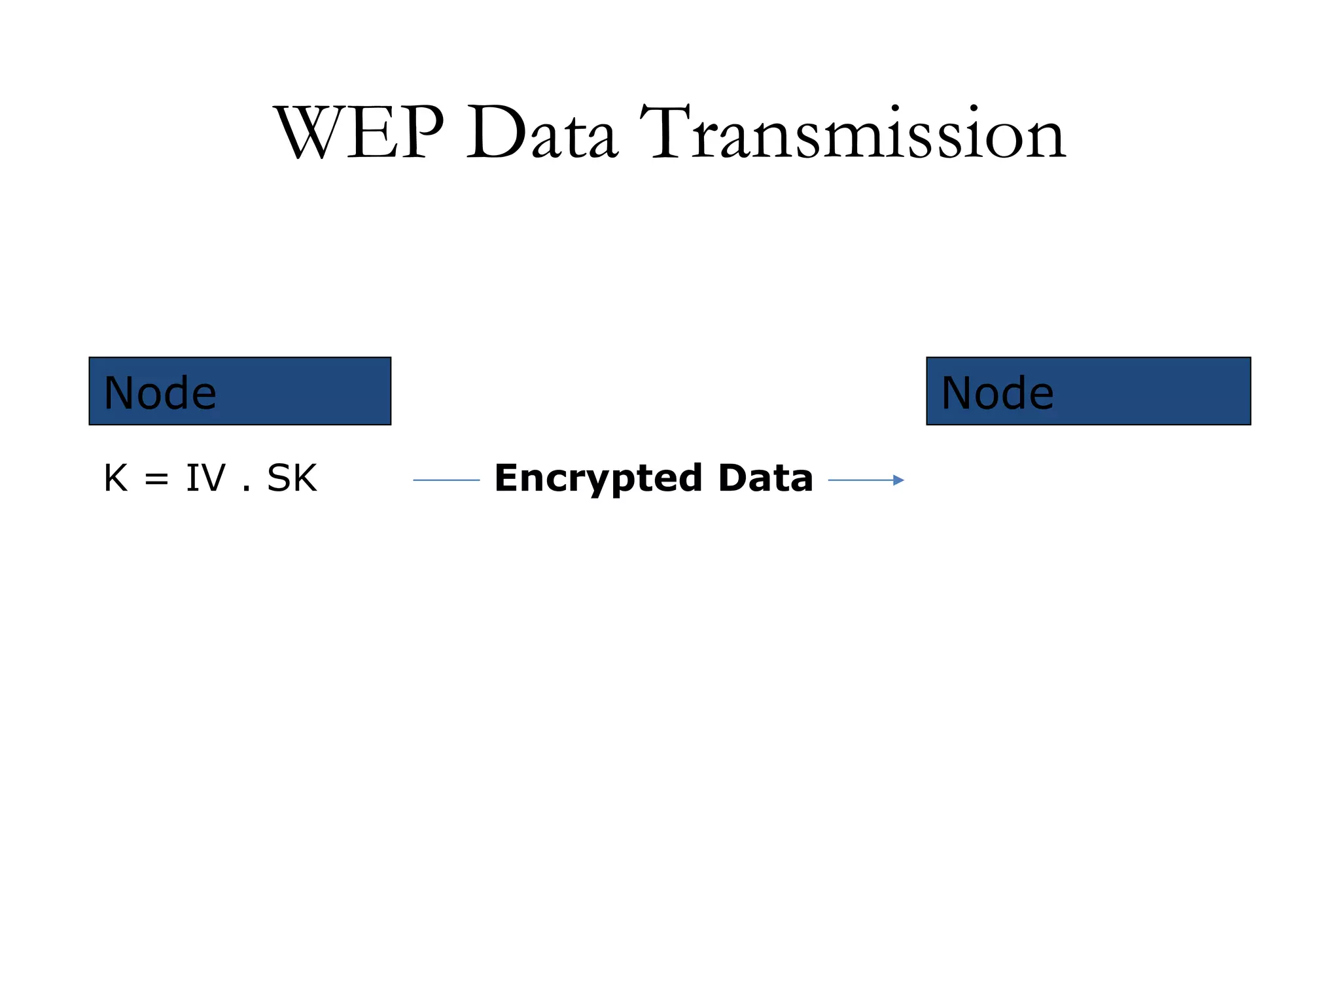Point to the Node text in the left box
click(x=160, y=393)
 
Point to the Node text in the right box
click(x=997, y=393)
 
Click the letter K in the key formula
click(x=116, y=478)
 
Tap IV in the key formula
click(x=205, y=478)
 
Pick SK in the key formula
click(x=292, y=478)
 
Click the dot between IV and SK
click(x=247, y=489)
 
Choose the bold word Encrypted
click(x=598, y=479)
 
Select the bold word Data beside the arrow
click(x=765, y=478)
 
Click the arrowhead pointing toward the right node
click(x=899, y=480)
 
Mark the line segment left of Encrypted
click(x=446, y=480)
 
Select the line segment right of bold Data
click(x=860, y=480)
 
